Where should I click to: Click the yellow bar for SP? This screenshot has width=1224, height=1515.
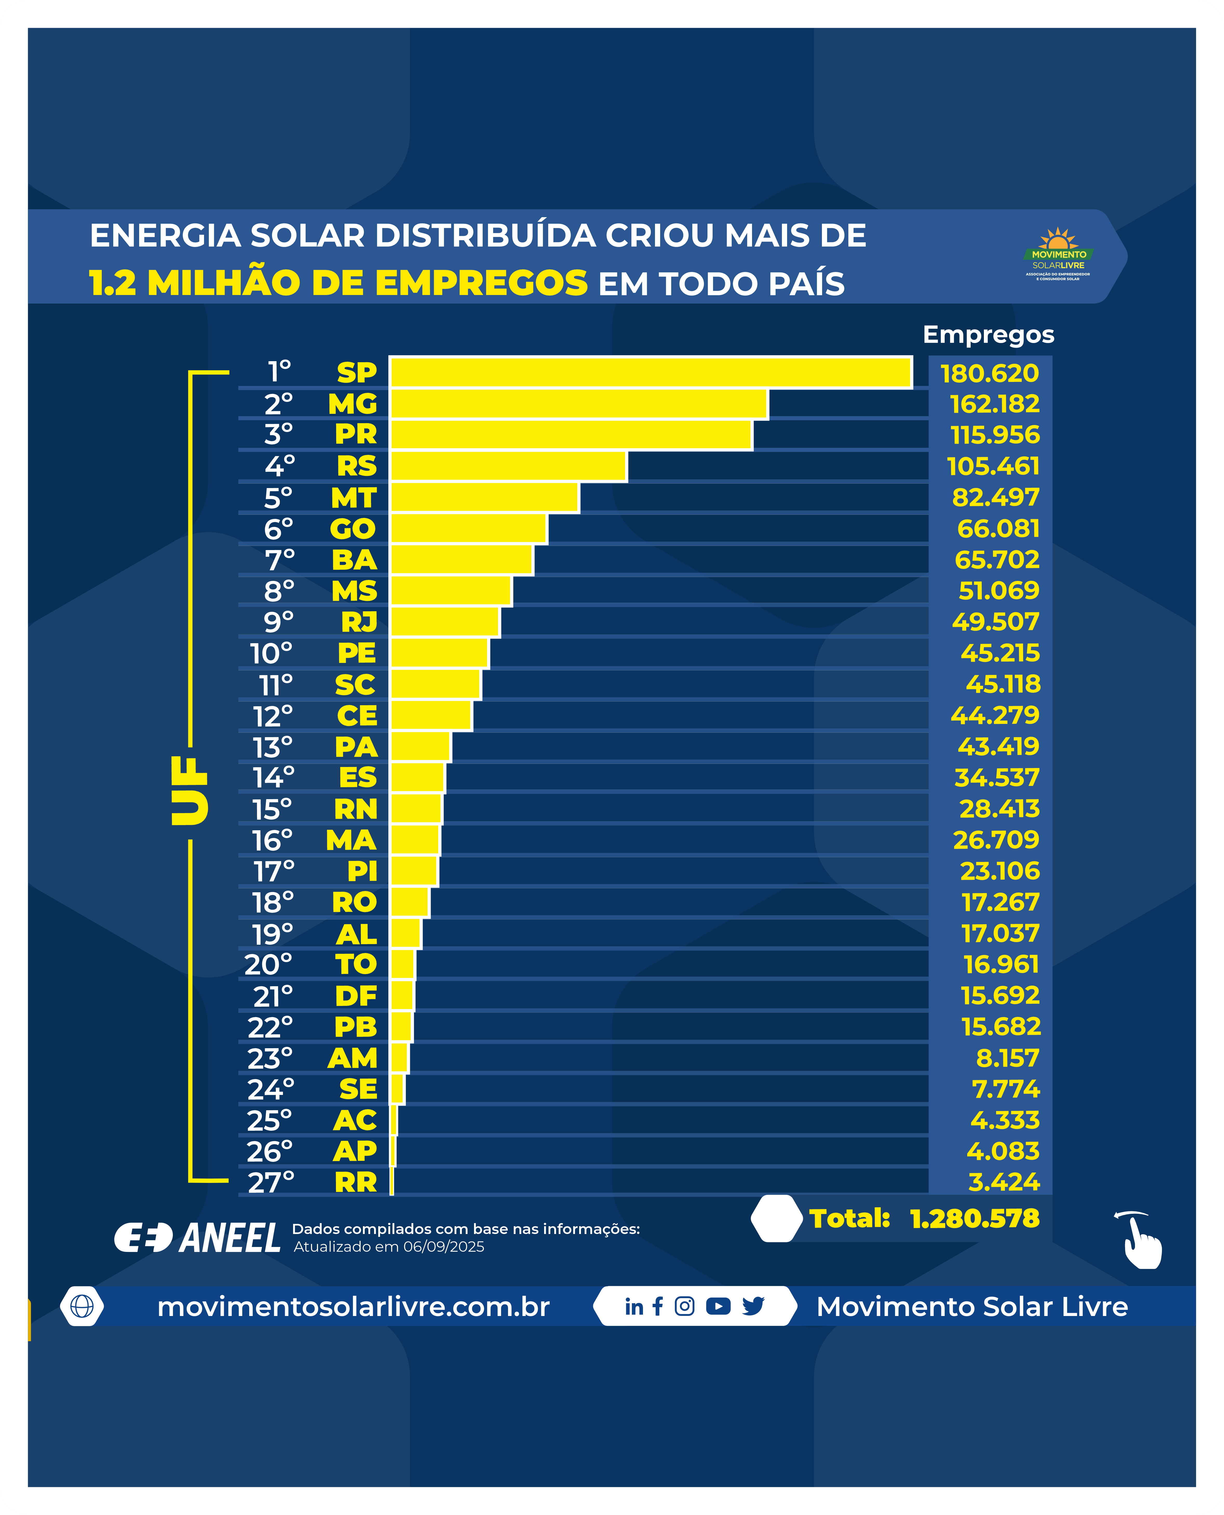coord(651,372)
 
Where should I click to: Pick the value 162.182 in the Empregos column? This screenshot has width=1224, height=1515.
coord(994,404)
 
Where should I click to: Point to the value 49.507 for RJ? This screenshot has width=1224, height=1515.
coord(995,621)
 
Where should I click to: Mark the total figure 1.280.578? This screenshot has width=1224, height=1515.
coord(975,1218)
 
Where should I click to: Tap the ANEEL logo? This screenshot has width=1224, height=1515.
coord(197,1237)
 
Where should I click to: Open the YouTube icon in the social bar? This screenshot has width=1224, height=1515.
coord(718,1306)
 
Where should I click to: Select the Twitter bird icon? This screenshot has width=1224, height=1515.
coord(753,1306)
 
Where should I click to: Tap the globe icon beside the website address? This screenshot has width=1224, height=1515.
coord(82,1306)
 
